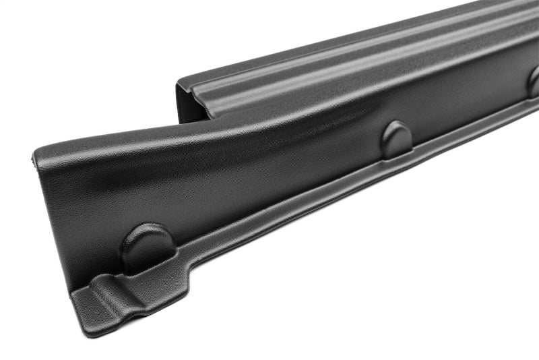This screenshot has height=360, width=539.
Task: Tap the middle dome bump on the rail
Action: [397, 139]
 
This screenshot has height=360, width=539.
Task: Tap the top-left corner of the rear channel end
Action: [179, 84]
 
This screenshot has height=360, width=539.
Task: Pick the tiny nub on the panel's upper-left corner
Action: [34, 158]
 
